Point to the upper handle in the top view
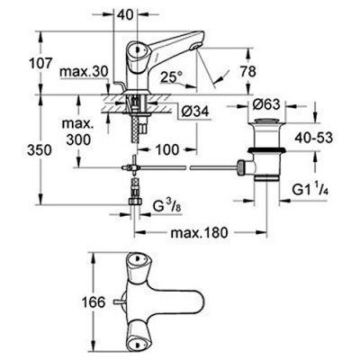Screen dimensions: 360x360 coord(136,266)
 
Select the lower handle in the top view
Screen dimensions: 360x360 coord(136,345)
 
